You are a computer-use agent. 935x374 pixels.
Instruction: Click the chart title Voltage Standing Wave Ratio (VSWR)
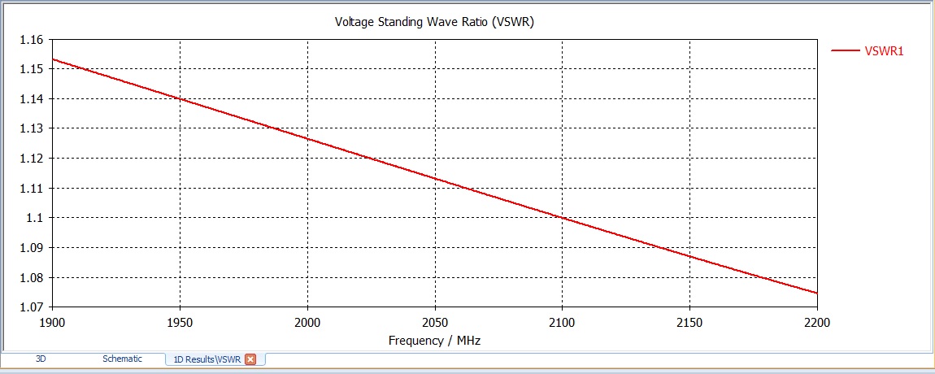(434, 22)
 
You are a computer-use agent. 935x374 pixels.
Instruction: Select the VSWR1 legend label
(885, 51)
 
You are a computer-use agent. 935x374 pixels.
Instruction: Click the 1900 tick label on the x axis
(52, 323)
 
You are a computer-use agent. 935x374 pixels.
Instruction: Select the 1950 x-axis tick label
(180, 323)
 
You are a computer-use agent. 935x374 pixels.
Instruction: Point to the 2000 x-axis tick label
(307, 323)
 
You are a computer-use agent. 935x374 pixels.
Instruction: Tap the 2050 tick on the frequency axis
(435, 323)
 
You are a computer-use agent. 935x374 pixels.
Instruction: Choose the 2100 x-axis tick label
(562, 323)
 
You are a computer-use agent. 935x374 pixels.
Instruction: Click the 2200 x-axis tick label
(816, 323)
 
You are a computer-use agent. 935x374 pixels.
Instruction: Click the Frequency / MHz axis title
(434, 341)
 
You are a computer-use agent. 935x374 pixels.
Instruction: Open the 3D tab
(41, 359)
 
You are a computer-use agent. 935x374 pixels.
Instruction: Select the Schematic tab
(122, 359)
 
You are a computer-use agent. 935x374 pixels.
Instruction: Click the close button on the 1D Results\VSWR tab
(250, 359)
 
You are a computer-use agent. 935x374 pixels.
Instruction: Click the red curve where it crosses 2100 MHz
(562, 217)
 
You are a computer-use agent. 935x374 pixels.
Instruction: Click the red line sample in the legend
(846, 51)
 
